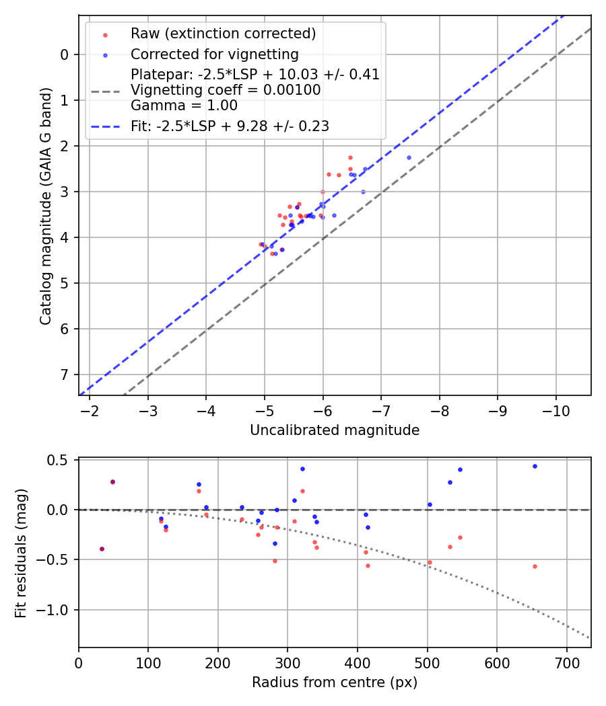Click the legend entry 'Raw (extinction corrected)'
[x=223, y=34]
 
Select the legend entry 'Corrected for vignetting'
[x=214, y=54]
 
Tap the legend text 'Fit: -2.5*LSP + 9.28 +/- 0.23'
[x=230, y=126]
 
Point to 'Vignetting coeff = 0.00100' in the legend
[x=226, y=89]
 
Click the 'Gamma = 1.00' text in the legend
[x=184, y=106]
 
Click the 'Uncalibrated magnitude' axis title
[x=335, y=430]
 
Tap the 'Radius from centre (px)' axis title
[x=335, y=682]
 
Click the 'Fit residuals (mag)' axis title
[x=22, y=553]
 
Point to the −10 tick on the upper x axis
[x=555, y=410]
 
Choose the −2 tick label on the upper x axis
[x=90, y=410]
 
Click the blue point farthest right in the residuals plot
[x=535, y=466]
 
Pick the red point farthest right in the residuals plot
[x=535, y=566]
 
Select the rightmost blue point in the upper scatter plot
[x=409, y=157]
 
